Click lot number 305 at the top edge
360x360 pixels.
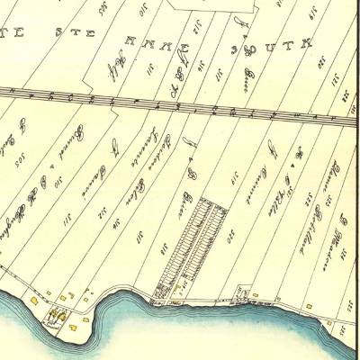(106, 9)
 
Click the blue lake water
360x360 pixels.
(180, 333)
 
